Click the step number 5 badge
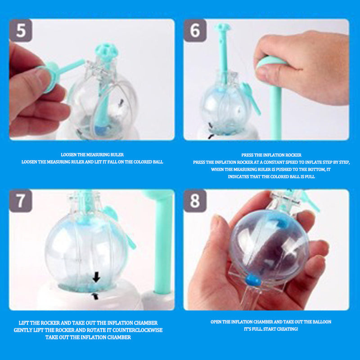[21, 30]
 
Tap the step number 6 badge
[195, 30]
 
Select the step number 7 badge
[21, 201]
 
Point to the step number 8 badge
[195, 201]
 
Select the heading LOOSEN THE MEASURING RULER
[92, 154]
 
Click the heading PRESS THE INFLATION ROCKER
[271, 155]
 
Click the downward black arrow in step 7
[96, 277]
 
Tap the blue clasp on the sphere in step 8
[253, 279]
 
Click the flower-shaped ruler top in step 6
[222, 27]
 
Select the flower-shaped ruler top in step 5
[107, 50]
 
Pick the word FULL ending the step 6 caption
[310, 176]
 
